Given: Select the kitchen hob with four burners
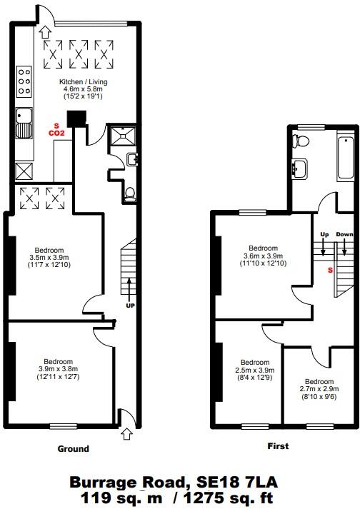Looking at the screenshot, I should point(24,81).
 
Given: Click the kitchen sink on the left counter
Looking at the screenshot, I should point(24,122).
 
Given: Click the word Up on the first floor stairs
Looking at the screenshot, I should point(324,234).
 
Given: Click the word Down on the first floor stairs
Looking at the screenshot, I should point(344,234).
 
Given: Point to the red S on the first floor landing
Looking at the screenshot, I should point(329,270).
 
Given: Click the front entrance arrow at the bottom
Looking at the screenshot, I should point(127,432).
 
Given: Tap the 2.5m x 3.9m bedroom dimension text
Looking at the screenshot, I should point(255,370).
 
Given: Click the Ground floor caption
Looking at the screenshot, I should point(73,449).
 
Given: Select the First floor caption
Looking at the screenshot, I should point(278,446).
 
